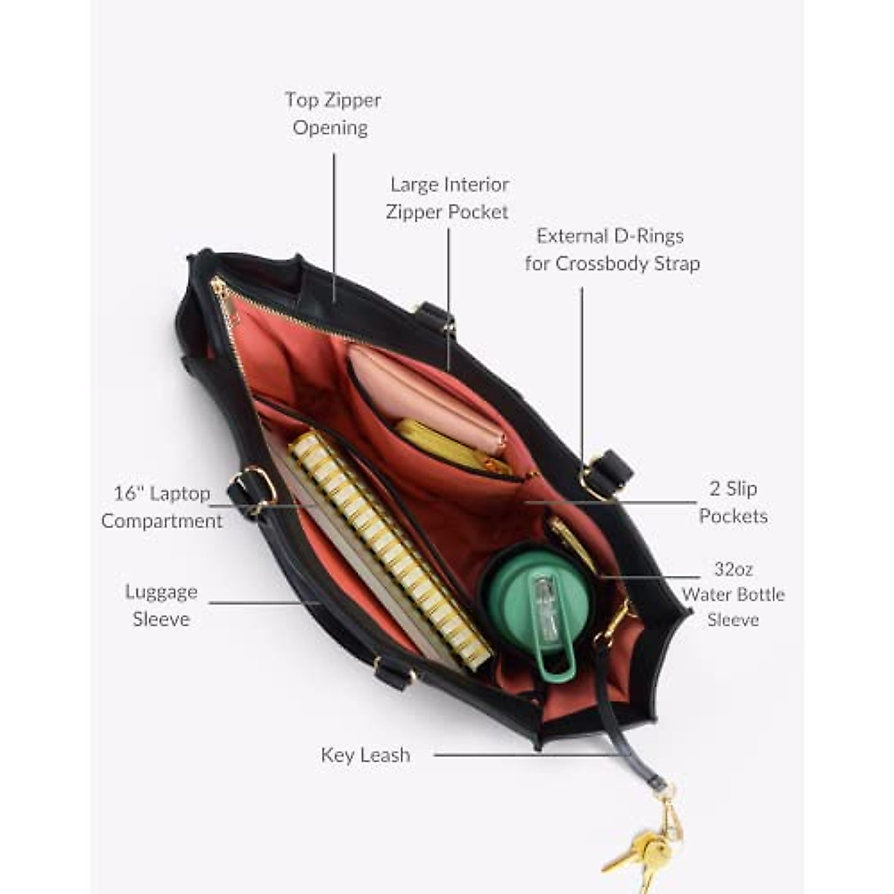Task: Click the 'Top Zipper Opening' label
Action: click(x=332, y=113)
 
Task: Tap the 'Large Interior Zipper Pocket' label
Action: click(x=448, y=197)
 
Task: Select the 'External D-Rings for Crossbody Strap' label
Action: click(x=612, y=250)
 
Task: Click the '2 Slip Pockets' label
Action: click(x=732, y=502)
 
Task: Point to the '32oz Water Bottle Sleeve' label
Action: click(x=733, y=594)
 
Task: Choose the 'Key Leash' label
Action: click(x=365, y=755)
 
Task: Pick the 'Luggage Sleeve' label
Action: click(x=161, y=605)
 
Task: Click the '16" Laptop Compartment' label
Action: click(x=162, y=507)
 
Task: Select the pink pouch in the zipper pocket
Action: click(x=425, y=399)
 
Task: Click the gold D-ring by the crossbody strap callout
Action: click(x=593, y=477)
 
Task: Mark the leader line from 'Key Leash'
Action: click(x=521, y=755)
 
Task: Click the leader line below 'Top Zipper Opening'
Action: click(x=334, y=223)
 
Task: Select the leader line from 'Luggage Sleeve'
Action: click(x=261, y=602)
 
